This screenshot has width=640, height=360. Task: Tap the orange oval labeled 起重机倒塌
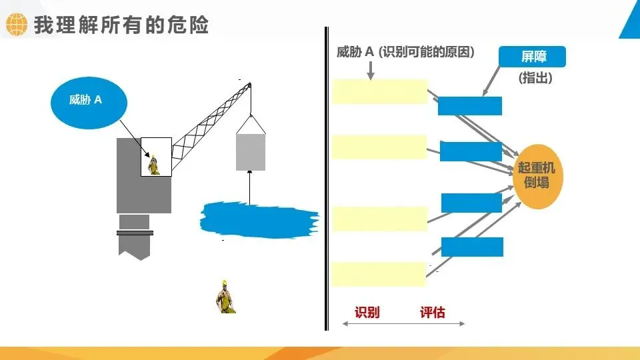[536, 176]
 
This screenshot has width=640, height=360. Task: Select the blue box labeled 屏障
[533, 57]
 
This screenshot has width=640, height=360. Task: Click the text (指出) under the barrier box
[535, 78]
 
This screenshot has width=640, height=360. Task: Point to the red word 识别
[367, 312]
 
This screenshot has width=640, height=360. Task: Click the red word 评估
[433, 312]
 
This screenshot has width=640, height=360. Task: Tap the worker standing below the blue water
[226, 297]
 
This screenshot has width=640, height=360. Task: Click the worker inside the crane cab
[155, 164]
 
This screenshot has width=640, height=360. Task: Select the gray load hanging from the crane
[251, 151]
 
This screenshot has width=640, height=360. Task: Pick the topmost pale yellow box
[379, 91]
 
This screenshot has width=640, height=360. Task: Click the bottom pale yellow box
[378, 273]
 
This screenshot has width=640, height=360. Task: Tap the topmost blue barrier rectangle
[469, 106]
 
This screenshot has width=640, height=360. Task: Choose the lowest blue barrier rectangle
[472, 247]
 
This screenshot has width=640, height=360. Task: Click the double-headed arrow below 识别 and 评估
[403, 324]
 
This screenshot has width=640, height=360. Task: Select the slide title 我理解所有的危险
[121, 25]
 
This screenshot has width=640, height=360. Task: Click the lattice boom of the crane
[211, 123]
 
